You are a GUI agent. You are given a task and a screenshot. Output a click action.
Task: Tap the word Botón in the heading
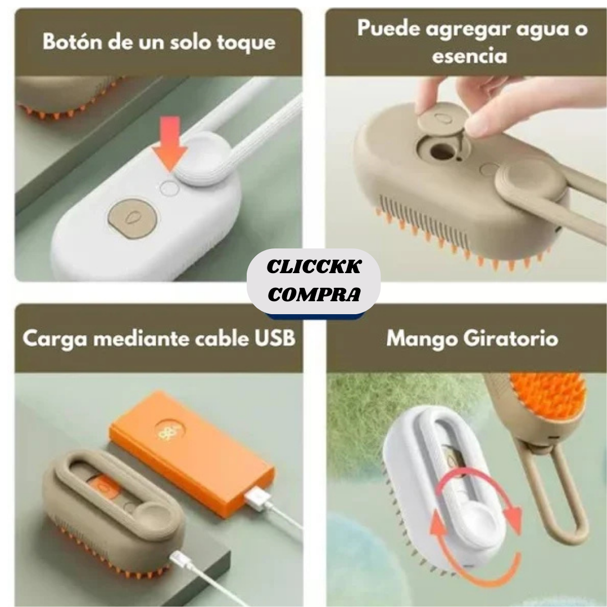coord(72,43)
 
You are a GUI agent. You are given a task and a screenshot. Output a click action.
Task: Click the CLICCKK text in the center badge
coord(314,268)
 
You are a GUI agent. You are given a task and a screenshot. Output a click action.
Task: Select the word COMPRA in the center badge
coord(314,294)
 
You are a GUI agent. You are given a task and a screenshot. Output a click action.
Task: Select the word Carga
coord(50,339)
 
